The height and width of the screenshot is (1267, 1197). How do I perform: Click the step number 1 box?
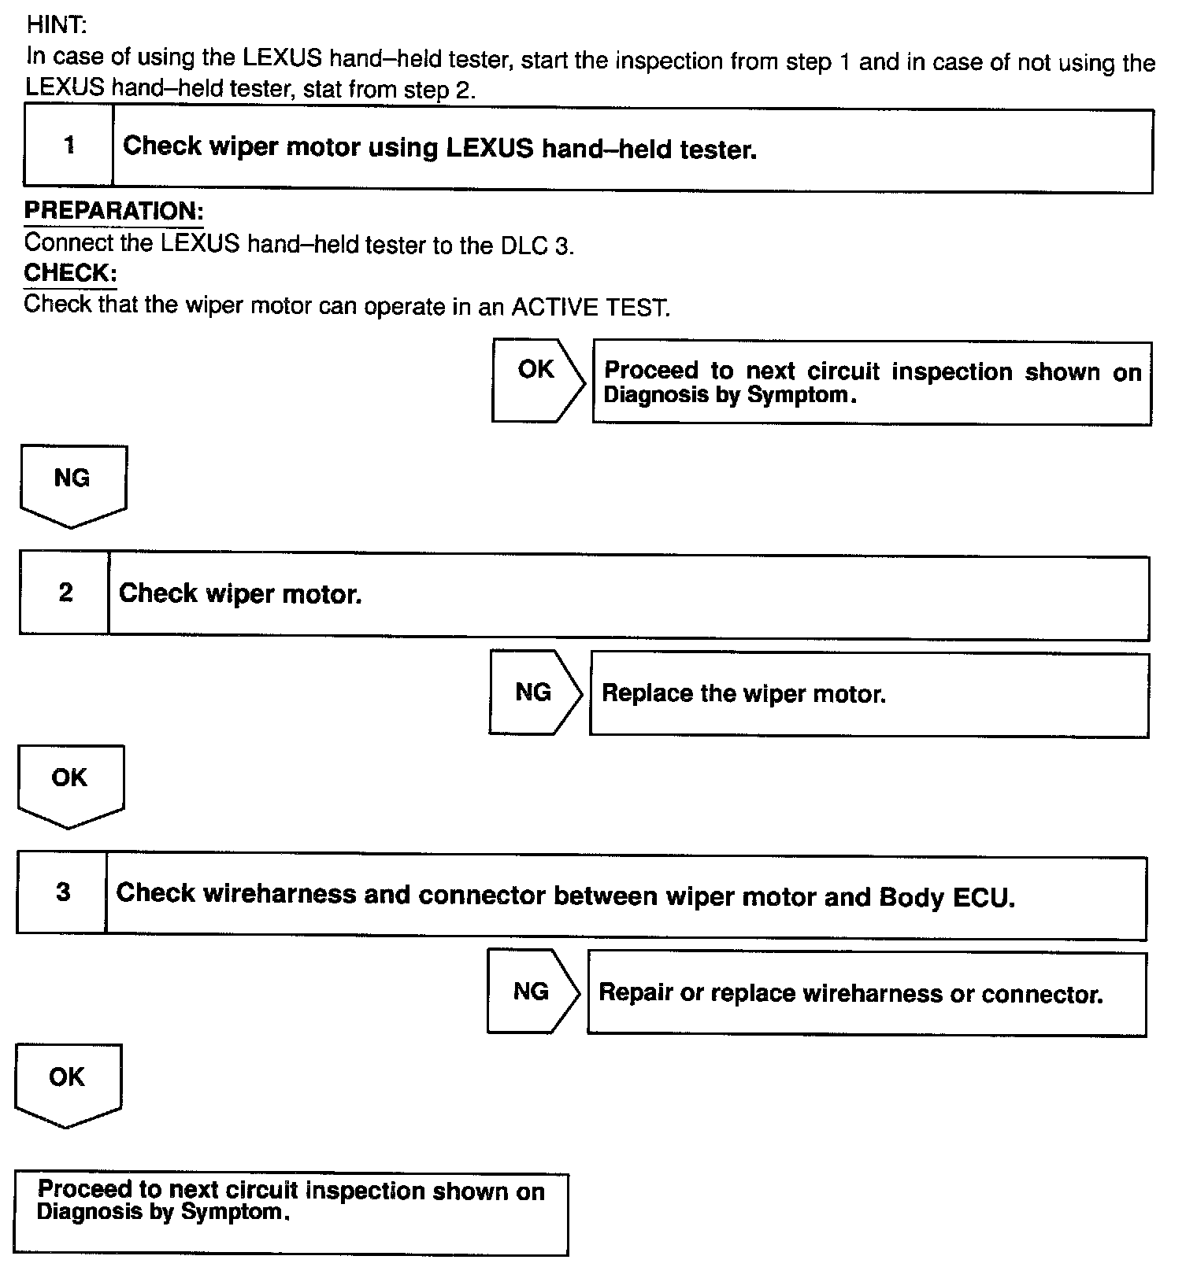click(x=69, y=146)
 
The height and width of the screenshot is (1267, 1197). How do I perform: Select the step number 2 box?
click(x=65, y=593)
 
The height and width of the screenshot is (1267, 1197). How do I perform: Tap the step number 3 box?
click(x=63, y=892)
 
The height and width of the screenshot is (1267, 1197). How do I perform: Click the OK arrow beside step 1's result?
click(x=538, y=380)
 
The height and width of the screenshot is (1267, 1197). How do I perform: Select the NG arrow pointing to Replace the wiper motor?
click(x=535, y=693)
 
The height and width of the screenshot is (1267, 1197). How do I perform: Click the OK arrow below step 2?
click(x=70, y=784)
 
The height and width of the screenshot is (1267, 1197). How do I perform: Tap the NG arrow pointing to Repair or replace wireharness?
click(x=532, y=992)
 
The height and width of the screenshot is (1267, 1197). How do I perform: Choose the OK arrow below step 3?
click(x=68, y=1083)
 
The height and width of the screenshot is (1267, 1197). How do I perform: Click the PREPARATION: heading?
click(x=114, y=211)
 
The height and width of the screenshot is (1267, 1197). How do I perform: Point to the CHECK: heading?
click(x=71, y=273)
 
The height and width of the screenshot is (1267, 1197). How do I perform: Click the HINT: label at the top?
click(x=56, y=25)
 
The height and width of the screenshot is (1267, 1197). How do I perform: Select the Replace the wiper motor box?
click(x=869, y=695)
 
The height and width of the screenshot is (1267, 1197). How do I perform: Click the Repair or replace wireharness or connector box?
click(x=866, y=994)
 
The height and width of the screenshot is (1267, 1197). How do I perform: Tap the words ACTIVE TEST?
click(x=591, y=307)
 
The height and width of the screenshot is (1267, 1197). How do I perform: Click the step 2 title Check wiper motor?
click(x=240, y=594)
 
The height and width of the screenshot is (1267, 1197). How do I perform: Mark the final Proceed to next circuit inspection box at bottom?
click(x=291, y=1213)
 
